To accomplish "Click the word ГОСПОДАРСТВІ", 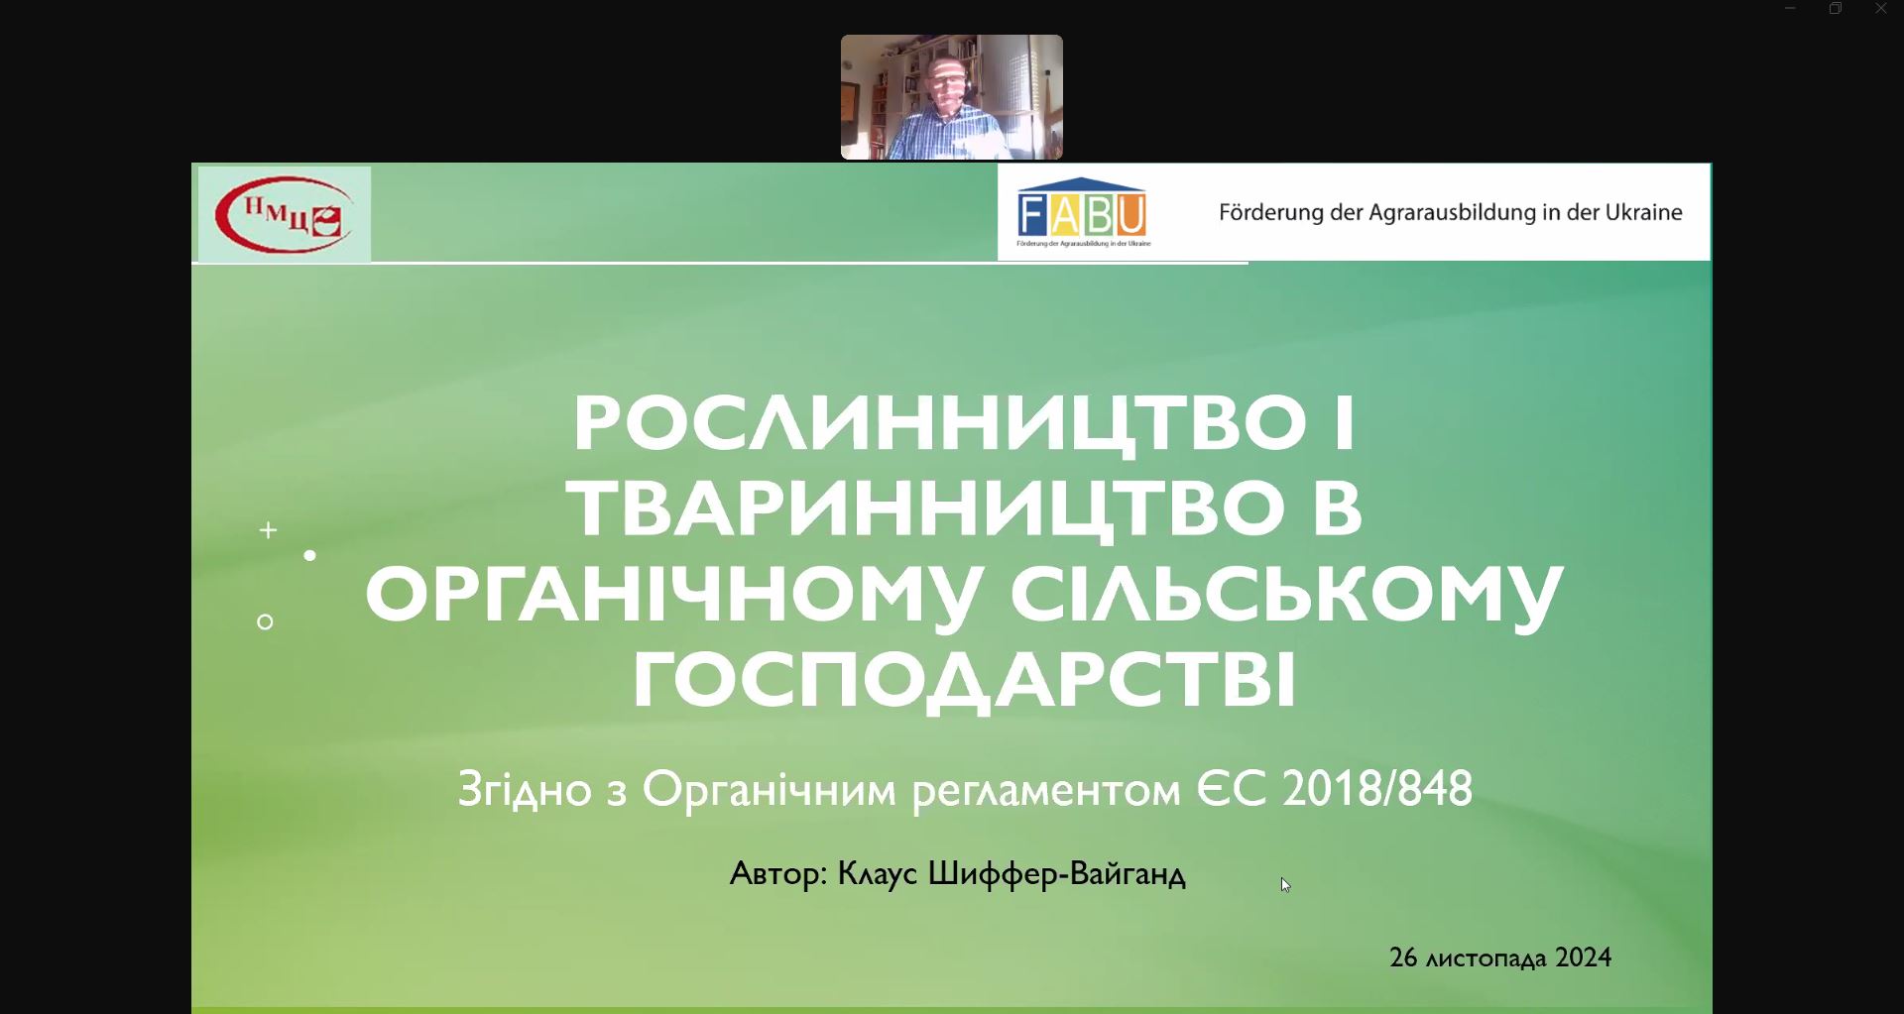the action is pyautogui.click(x=965, y=680).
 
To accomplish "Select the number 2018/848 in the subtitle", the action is pyautogui.click(x=1377, y=789).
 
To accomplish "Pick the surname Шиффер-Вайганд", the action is pyautogui.click(x=1056, y=874).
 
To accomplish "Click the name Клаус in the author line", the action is pyautogui.click(x=878, y=874).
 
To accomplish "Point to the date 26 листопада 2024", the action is pyautogui.click(x=1500, y=958).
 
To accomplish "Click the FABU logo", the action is pyautogui.click(x=1083, y=212).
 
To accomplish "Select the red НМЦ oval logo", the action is pyautogui.click(x=285, y=214).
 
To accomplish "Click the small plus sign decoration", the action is pyautogui.click(x=268, y=530).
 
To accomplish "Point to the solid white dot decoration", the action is pyautogui.click(x=310, y=556).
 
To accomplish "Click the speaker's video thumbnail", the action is pyautogui.click(x=952, y=97).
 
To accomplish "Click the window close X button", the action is pyautogui.click(x=1881, y=9).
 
